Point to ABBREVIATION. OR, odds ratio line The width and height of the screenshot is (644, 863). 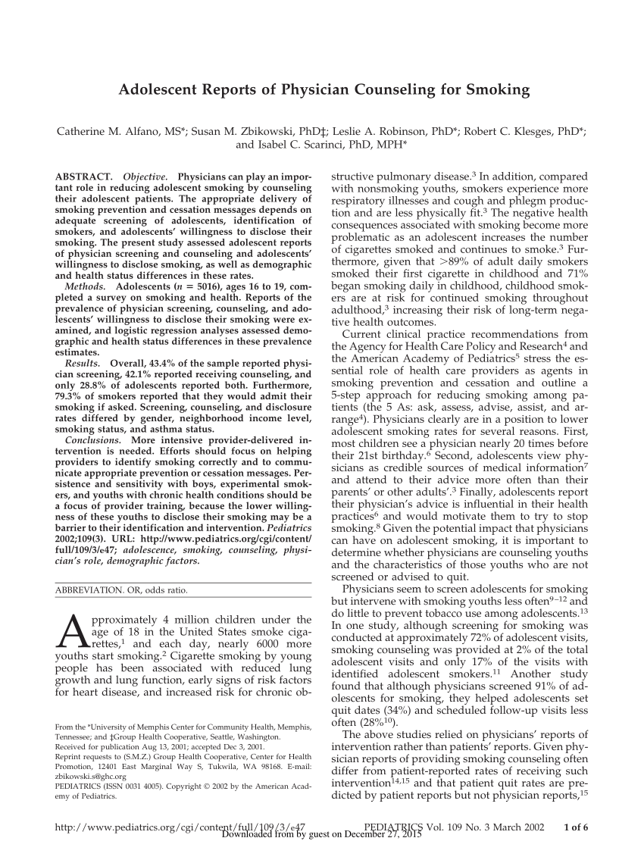click(122, 589)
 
